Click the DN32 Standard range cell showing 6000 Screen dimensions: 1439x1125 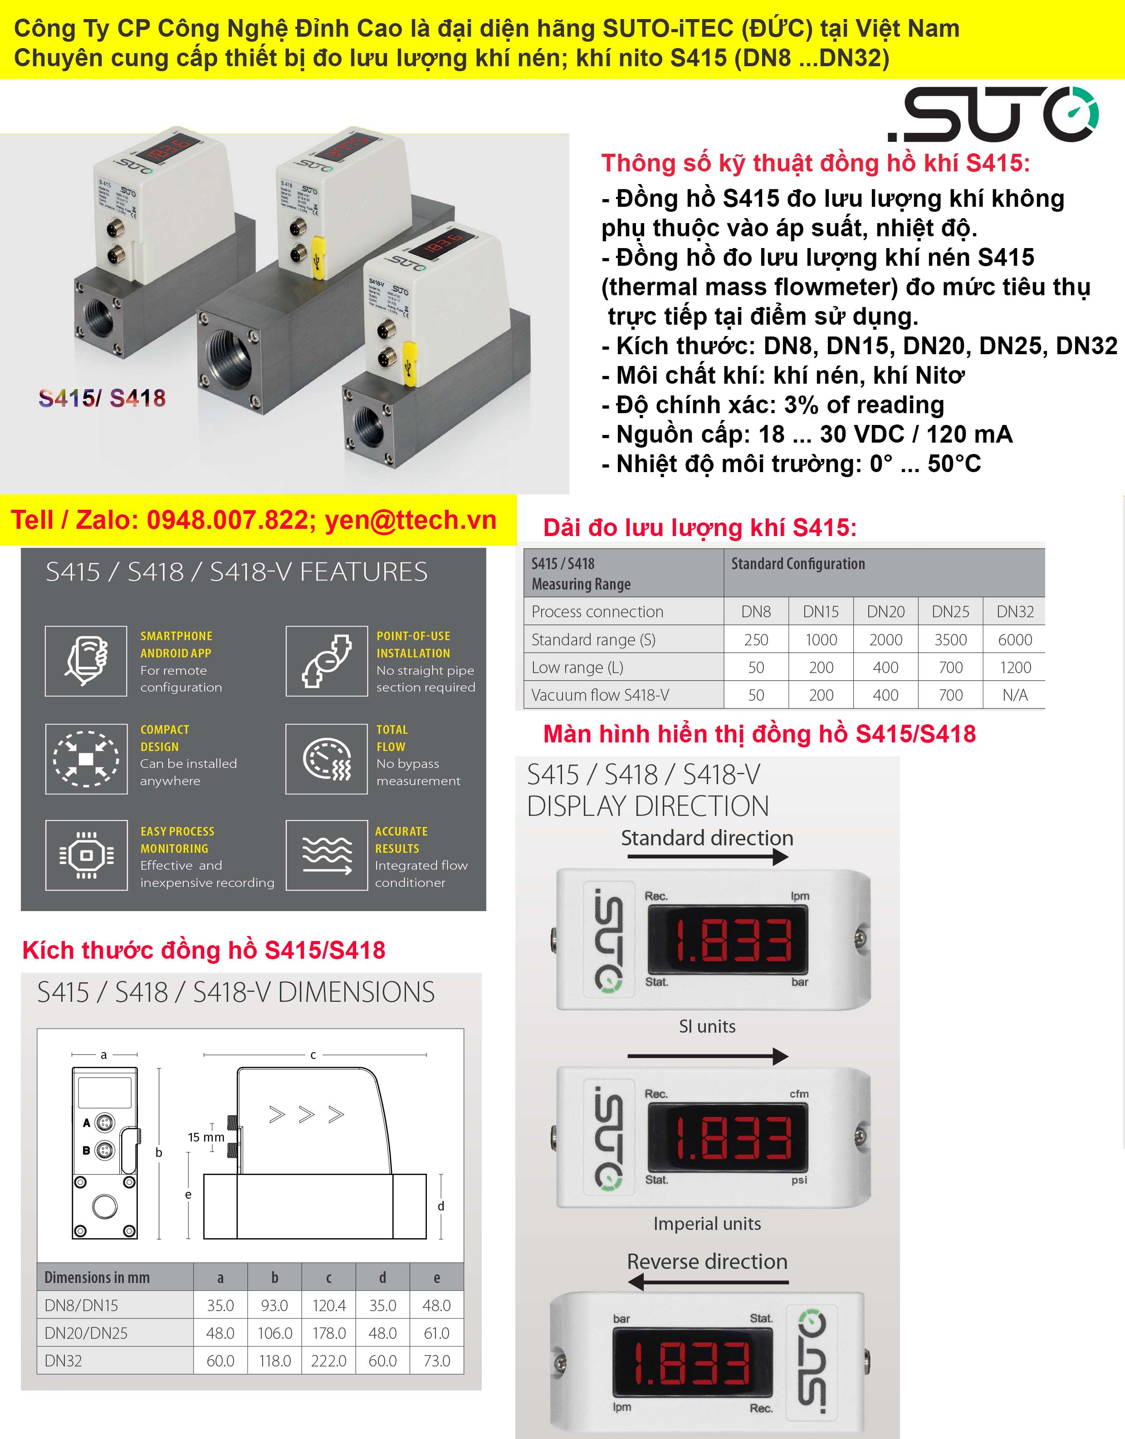pyautogui.click(x=1014, y=640)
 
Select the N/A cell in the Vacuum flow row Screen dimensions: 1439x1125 pyautogui.click(x=1014, y=695)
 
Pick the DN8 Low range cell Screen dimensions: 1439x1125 pyautogui.click(x=756, y=668)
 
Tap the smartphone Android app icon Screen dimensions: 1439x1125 pyautogui.click(x=86, y=661)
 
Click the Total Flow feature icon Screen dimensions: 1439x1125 pyautogui.click(x=326, y=759)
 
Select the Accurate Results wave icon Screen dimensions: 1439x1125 pyautogui.click(x=326, y=855)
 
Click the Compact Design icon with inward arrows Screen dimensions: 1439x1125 pyautogui.click(x=86, y=759)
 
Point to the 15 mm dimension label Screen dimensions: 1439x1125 pyautogui.click(x=205, y=1138)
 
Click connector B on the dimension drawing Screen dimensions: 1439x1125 pyautogui.click(x=104, y=1151)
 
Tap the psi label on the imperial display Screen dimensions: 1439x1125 pyautogui.click(x=799, y=1180)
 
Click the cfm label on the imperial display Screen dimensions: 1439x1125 pyautogui.click(x=799, y=1094)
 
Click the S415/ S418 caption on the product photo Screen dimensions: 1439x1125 pyautogui.click(x=102, y=398)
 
